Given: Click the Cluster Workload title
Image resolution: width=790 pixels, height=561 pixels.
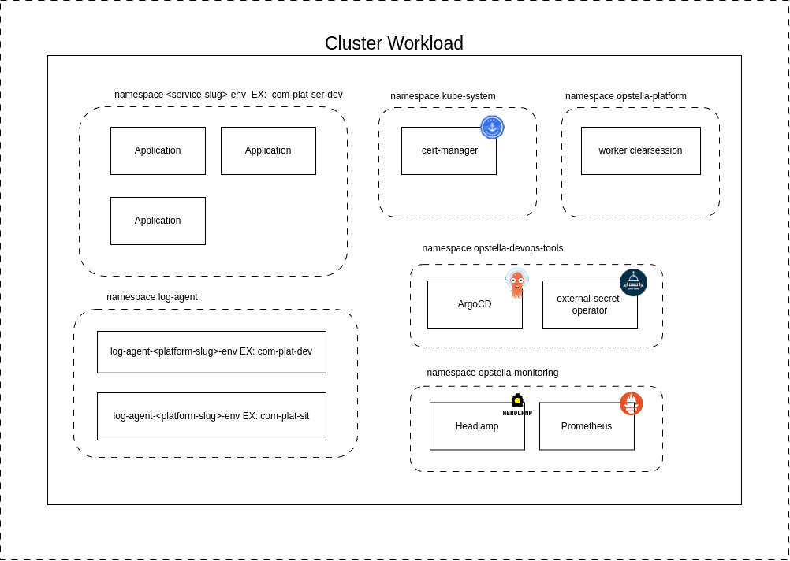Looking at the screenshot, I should pyautogui.click(x=394, y=43).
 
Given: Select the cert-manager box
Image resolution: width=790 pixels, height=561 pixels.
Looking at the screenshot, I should pyautogui.click(x=449, y=150).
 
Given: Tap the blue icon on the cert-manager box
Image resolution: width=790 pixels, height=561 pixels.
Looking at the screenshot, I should pyautogui.click(x=492, y=127).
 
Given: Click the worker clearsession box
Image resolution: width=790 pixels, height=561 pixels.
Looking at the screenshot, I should pyautogui.click(x=640, y=150).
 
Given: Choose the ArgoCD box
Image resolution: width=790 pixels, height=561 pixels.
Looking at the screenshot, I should pyautogui.click(x=475, y=304).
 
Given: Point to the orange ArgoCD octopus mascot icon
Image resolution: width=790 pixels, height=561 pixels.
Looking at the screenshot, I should pyautogui.click(x=517, y=283).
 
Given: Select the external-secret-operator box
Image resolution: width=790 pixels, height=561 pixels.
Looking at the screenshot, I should pyautogui.click(x=590, y=304).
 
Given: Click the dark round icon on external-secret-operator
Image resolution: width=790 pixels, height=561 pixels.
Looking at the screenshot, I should pyautogui.click(x=633, y=282).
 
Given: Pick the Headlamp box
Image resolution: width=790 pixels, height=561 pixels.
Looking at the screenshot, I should pyautogui.click(x=477, y=426).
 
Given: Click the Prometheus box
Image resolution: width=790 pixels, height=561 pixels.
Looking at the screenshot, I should pyautogui.click(x=587, y=426).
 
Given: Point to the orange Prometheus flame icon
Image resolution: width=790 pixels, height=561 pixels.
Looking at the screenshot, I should pyautogui.click(x=631, y=403).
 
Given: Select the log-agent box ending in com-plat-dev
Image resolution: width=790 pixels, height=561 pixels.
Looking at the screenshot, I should pyautogui.click(x=211, y=351).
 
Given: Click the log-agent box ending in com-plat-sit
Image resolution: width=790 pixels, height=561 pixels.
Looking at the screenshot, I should pyautogui.click(x=211, y=416).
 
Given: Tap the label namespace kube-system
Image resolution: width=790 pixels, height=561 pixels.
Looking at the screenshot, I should pyautogui.click(x=443, y=96).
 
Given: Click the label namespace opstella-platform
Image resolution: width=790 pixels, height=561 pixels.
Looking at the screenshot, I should pyautogui.click(x=626, y=96).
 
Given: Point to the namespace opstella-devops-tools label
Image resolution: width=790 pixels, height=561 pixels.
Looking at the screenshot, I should pyautogui.click(x=493, y=248).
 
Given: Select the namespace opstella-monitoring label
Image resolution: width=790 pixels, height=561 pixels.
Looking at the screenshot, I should pyautogui.click(x=493, y=373).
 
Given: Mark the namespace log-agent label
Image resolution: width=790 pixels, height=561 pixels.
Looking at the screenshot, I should pyautogui.click(x=152, y=297).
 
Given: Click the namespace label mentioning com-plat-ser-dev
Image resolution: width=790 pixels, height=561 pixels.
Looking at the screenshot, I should pyautogui.click(x=229, y=95).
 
